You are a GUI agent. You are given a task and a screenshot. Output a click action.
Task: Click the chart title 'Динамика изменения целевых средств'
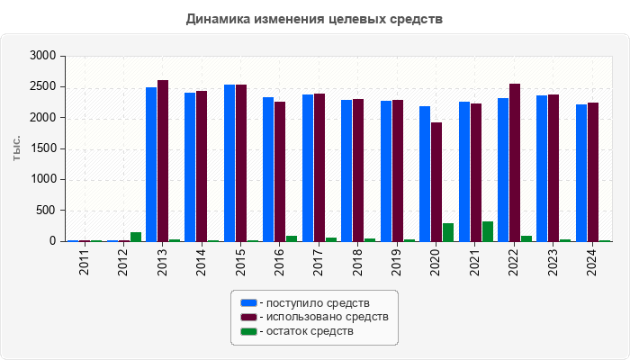pos(314,19)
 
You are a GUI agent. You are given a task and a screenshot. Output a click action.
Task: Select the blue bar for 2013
pos(151,164)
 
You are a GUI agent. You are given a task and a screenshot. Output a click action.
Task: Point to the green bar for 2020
pos(448,232)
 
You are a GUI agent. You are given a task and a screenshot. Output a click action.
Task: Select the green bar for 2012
pos(136,237)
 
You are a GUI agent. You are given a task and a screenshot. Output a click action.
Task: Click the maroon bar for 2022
pos(515,162)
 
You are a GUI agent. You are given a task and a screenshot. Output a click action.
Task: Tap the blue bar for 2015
pos(229,163)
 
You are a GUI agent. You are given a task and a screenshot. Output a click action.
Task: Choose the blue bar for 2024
pos(581,173)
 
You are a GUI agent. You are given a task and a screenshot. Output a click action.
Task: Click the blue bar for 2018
pos(346,170)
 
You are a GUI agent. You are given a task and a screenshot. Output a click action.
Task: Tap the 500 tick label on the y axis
pos(46,211)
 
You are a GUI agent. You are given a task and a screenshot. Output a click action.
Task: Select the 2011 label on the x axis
pos(85,265)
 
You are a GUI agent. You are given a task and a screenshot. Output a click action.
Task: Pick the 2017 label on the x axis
pos(319,265)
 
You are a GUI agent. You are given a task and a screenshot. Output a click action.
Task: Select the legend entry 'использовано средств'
pos(323,317)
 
